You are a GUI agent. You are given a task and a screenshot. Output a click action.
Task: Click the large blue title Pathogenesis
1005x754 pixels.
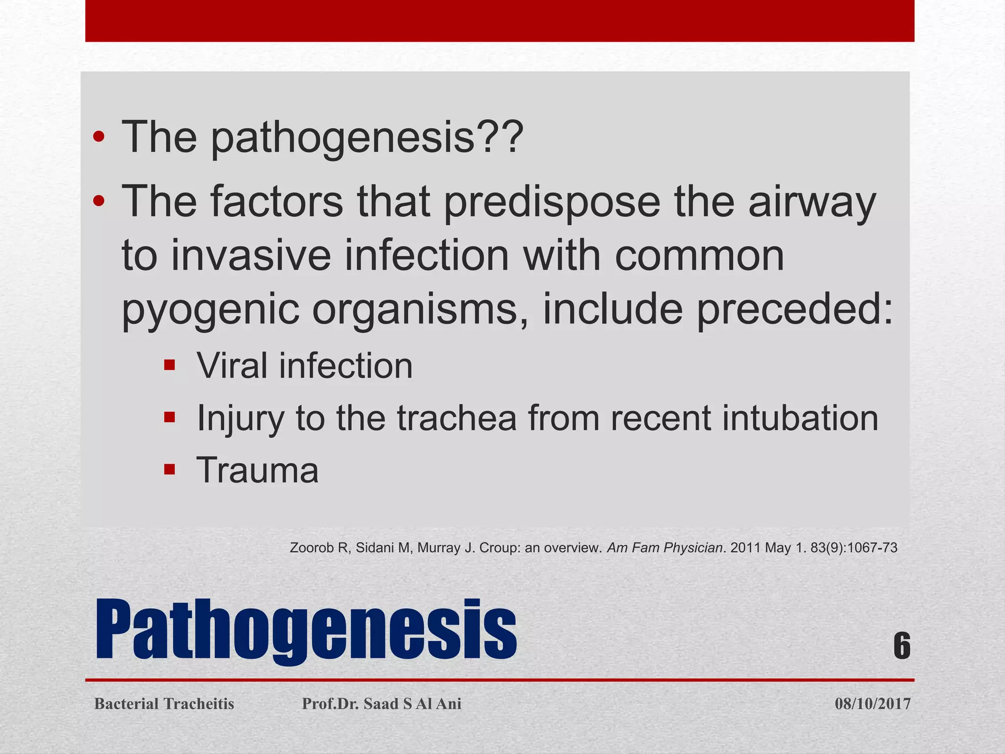(x=305, y=630)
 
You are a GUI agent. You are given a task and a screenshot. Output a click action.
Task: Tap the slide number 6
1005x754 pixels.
(x=901, y=646)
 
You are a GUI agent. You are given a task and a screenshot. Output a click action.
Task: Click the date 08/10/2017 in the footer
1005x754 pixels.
(x=873, y=704)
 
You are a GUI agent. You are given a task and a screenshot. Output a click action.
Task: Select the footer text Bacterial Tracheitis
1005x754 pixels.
(x=164, y=704)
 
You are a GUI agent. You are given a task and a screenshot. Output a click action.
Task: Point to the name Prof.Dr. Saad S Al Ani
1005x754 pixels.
(x=381, y=704)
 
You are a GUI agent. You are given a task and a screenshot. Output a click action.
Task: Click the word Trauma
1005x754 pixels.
(x=257, y=470)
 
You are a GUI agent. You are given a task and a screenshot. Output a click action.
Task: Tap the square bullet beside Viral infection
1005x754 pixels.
(x=170, y=365)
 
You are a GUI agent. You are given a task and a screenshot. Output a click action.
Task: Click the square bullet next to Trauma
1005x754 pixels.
(x=170, y=470)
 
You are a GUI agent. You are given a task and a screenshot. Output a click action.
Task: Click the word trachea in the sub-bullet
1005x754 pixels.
(x=456, y=418)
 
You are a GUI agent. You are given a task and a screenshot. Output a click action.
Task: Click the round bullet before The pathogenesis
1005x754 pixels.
(x=99, y=137)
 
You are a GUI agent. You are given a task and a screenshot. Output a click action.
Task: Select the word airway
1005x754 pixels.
(x=812, y=202)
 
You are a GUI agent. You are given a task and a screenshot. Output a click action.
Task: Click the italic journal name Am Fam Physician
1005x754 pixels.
(x=664, y=548)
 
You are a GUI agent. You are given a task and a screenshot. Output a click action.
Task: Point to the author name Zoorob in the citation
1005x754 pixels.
(x=312, y=548)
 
